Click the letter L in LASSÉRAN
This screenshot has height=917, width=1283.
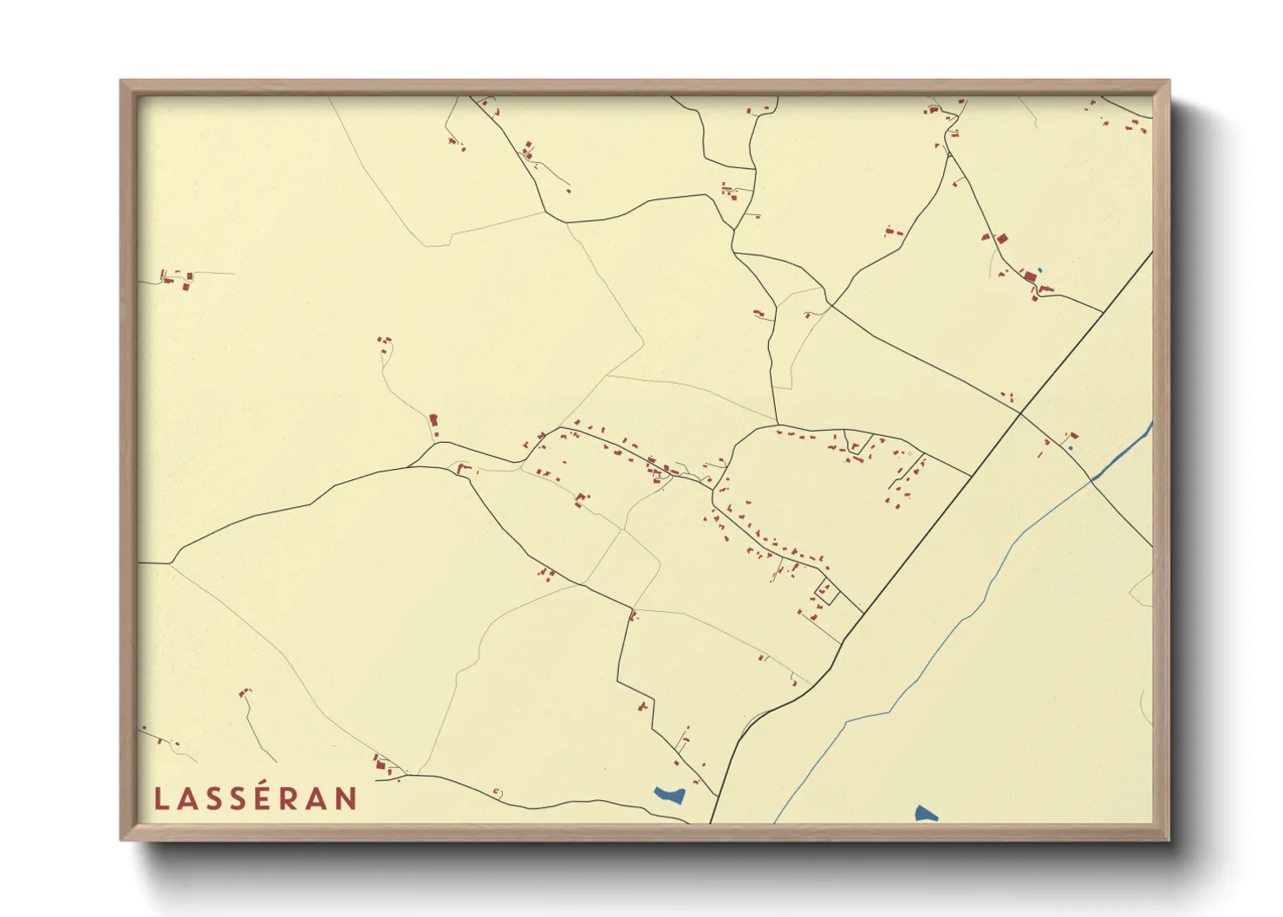(160, 799)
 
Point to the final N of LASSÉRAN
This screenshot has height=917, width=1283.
(347, 799)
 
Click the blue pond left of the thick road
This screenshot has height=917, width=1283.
(670, 794)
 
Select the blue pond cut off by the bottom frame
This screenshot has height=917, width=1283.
(925, 814)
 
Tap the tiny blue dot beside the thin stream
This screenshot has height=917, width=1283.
(1071, 447)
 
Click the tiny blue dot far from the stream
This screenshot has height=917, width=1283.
(1039, 270)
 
